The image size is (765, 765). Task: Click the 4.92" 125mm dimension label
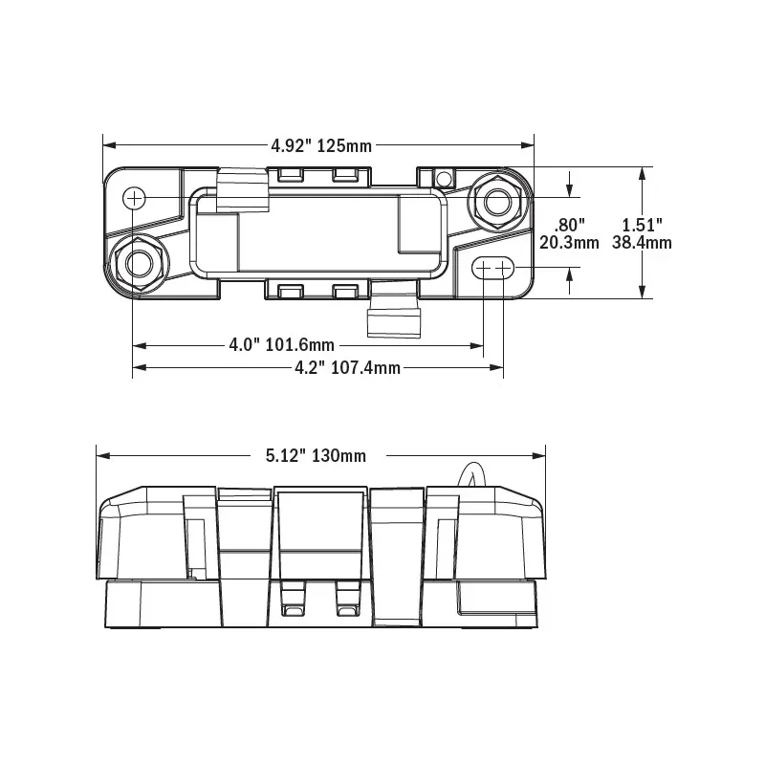click(321, 145)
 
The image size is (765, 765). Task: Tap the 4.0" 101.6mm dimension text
click(281, 345)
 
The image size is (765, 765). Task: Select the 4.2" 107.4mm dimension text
click(347, 367)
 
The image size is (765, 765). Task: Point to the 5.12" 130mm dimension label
click(316, 456)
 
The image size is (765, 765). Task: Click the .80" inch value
click(569, 225)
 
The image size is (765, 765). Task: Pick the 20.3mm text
click(569, 243)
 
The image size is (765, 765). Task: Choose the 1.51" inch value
click(642, 225)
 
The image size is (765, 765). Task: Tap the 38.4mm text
click(642, 243)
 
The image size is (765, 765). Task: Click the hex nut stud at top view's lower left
click(139, 263)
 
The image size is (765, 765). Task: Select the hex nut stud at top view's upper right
click(496, 201)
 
